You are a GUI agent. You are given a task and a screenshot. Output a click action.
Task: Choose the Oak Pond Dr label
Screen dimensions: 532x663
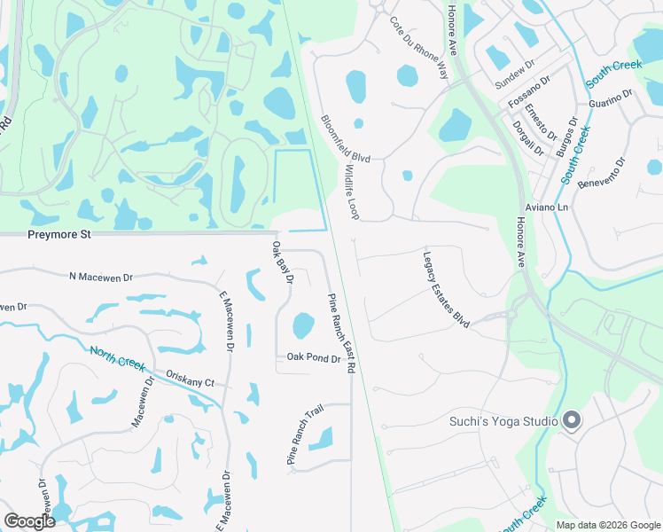(x=313, y=358)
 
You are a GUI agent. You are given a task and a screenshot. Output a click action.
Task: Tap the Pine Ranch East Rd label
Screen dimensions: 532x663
(x=342, y=332)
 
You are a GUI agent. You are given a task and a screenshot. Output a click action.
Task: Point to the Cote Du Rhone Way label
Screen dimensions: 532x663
(x=418, y=47)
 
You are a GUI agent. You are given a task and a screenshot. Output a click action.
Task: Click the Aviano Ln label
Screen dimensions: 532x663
(x=546, y=207)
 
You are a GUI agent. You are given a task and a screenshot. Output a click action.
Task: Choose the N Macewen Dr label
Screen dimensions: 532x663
(x=101, y=277)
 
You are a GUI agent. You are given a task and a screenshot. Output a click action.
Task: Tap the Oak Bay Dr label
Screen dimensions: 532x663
(x=283, y=263)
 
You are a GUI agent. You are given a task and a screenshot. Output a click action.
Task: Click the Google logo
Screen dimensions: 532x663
(x=29, y=521)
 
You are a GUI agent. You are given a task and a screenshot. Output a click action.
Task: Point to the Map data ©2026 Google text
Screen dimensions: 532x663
(x=607, y=525)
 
